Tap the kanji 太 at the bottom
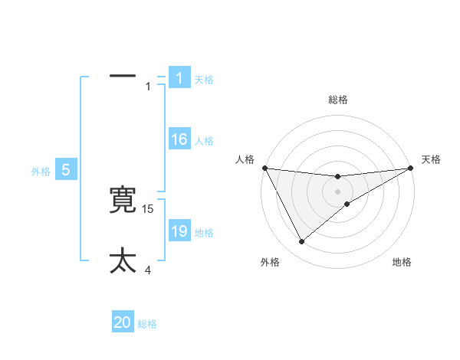(123, 260)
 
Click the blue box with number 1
(179, 78)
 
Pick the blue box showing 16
(179, 139)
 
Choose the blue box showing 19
(179, 231)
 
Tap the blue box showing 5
(66, 170)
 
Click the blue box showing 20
(123, 322)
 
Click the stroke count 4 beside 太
(148, 270)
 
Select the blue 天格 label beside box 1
(204, 80)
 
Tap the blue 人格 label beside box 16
(204, 141)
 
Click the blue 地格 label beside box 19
(204, 233)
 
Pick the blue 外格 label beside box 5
(41, 172)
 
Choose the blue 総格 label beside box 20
(147, 324)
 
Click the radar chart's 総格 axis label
(337, 100)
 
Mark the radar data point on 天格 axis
(409, 168)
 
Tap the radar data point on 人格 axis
(264, 168)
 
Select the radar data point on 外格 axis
(301, 242)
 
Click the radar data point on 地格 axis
(347, 204)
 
